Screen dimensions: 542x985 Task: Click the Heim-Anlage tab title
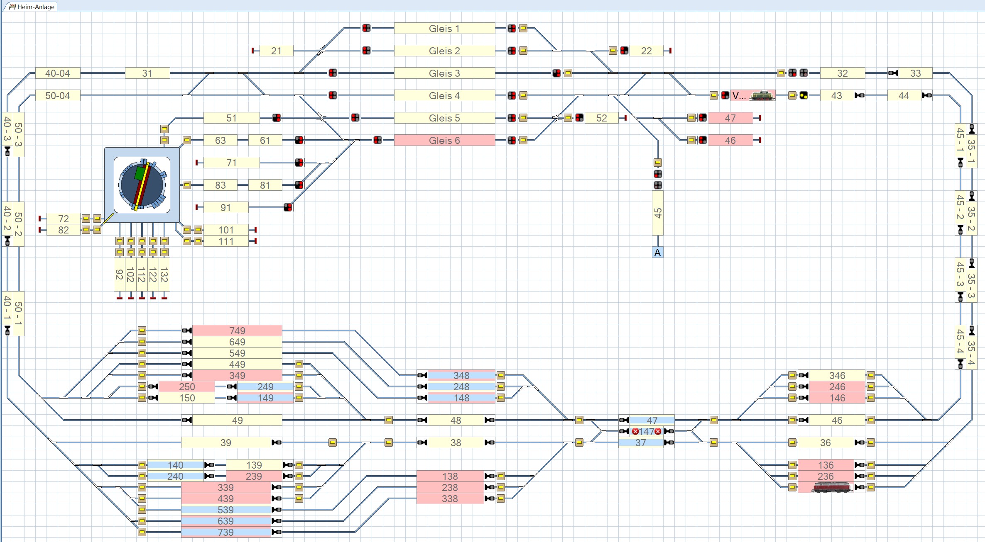pyautogui.click(x=35, y=7)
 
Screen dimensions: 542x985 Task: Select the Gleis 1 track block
pyautogui.click(x=444, y=28)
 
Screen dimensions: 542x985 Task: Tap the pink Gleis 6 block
pyautogui.click(x=444, y=140)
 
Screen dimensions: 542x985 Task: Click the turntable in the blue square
pyautogui.click(x=142, y=185)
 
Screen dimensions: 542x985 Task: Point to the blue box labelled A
pyautogui.click(x=657, y=252)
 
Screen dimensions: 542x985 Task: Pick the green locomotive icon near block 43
pyautogui.click(x=762, y=95)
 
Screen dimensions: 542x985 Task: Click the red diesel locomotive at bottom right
pyautogui.click(x=832, y=487)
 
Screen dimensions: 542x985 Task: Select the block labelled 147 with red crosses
pyautogui.click(x=646, y=431)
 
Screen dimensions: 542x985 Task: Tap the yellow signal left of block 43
pyautogui.click(x=804, y=95)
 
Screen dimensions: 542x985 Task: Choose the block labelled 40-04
pyautogui.click(x=57, y=73)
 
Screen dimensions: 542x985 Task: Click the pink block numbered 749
pyautogui.click(x=237, y=331)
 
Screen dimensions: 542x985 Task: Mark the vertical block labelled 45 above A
pyautogui.click(x=657, y=213)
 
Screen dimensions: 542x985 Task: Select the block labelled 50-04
pyautogui.click(x=57, y=96)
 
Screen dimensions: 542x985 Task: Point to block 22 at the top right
pyautogui.click(x=646, y=51)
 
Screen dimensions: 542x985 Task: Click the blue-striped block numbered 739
pyautogui.click(x=225, y=532)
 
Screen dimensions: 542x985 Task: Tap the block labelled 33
pyautogui.click(x=915, y=73)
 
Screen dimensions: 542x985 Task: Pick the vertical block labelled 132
pyautogui.click(x=164, y=275)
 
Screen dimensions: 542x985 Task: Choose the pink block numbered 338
pyautogui.click(x=450, y=498)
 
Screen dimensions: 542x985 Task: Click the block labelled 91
pyautogui.click(x=225, y=207)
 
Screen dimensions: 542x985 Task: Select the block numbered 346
pyautogui.click(x=837, y=375)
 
